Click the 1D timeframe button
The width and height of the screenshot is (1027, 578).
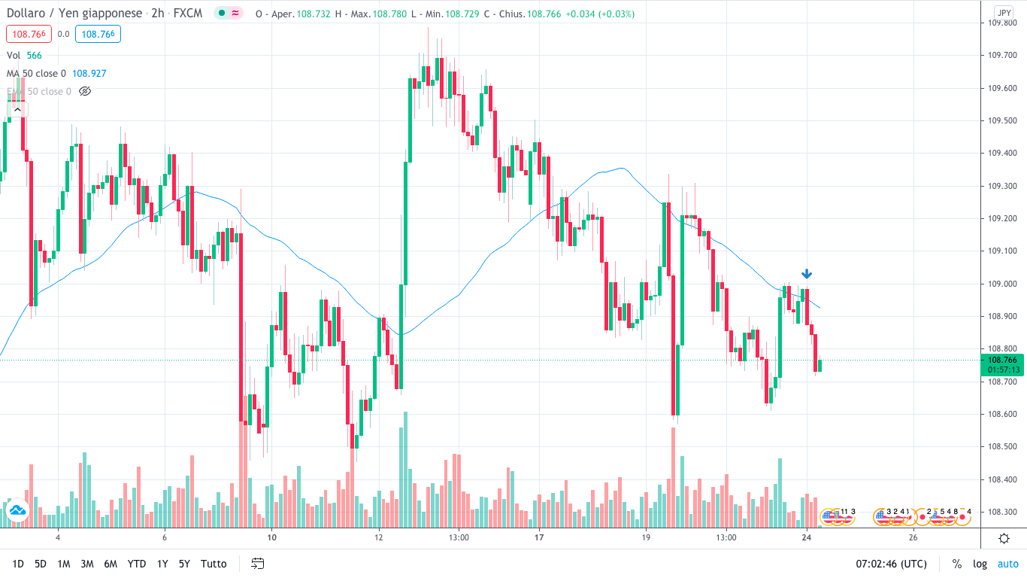pyautogui.click(x=18, y=564)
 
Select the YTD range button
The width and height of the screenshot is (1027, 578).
pyautogui.click(x=137, y=564)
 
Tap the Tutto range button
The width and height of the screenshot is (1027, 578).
pyautogui.click(x=214, y=564)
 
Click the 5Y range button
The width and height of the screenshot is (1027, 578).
pyautogui.click(x=184, y=564)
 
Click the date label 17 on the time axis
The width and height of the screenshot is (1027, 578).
pyautogui.click(x=539, y=538)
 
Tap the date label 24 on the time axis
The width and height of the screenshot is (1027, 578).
pyautogui.click(x=806, y=538)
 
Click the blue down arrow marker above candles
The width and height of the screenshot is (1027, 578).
pyautogui.click(x=806, y=274)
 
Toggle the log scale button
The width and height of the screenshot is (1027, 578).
pyautogui.click(x=980, y=564)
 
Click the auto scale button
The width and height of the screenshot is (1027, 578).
pyautogui.click(x=1007, y=564)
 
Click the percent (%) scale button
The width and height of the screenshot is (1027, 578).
pyautogui.click(x=957, y=564)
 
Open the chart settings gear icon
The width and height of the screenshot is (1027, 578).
pyautogui.click(x=1004, y=538)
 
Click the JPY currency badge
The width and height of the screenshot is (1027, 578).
pyautogui.click(x=1004, y=12)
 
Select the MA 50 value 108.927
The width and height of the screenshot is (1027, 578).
pyautogui.click(x=89, y=73)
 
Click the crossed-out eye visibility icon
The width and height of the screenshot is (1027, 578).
pyautogui.click(x=85, y=91)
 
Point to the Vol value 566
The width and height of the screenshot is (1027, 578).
pyautogui.click(x=35, y=55)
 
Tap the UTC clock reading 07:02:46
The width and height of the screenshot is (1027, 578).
pyautogui.click(x=891, y=564)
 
